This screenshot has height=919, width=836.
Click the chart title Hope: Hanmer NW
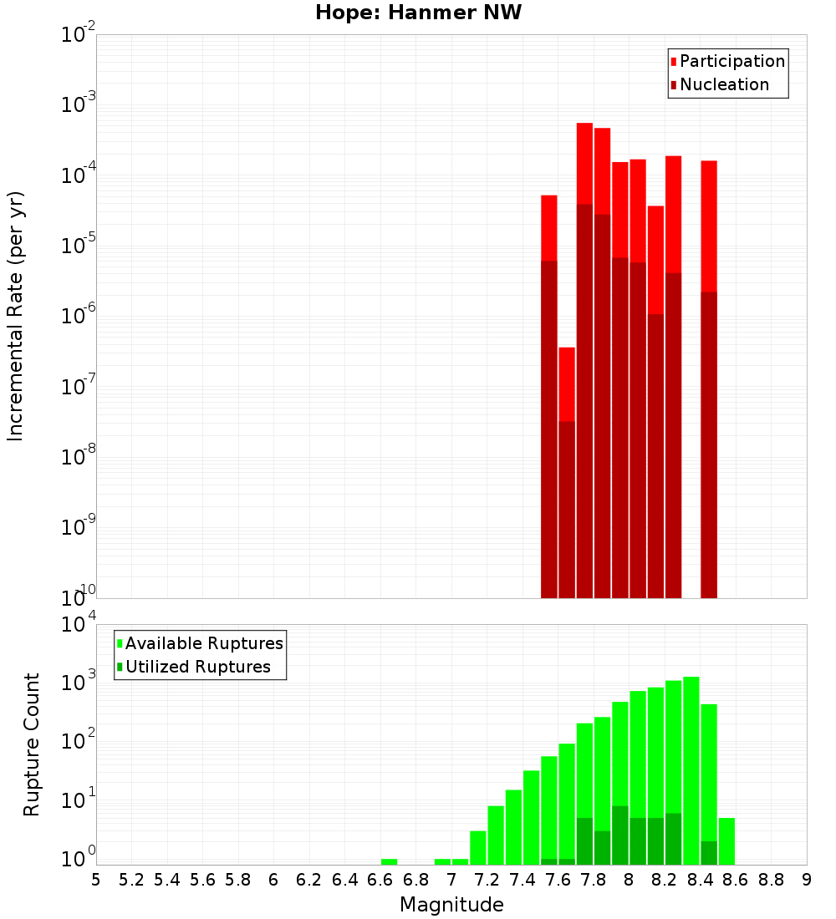click(x=418, y=13)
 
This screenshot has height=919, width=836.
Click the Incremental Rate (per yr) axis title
click(x=15, y=317)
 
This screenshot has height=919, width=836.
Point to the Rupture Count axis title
click(x=32, y=744)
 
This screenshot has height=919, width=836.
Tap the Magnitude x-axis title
click(x=451, y=905)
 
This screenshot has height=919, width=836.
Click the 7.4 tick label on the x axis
click(x=522, y=880)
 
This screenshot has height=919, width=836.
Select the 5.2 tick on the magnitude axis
click(x=132, y=880)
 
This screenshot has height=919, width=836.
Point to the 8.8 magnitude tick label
click(x=771, y=880)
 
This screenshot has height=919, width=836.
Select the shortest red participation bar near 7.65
click(x=567, y=384)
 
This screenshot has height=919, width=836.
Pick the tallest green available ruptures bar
click(x=691, y=769)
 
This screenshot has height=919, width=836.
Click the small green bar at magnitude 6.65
click(x=390, y=861)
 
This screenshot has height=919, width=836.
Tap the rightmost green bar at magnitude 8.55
click(x=726, y=841)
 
